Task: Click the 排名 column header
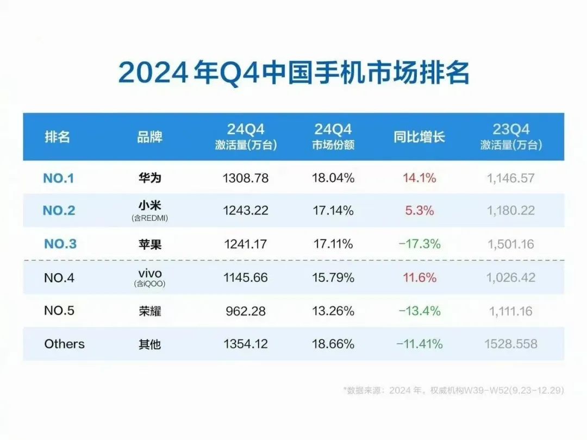pos(57,136)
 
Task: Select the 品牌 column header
pos(149,136)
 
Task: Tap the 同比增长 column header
pos(419,136)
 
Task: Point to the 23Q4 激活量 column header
pos(511,137)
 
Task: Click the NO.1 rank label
pos(58,178)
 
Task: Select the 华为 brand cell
pos(149,178)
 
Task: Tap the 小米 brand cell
pos(149,206)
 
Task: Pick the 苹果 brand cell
pos(149,244)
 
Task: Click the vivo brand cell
pos(149,274)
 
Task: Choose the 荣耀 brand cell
pos(149,311)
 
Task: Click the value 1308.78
pos(245,178)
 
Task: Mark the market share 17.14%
pos(333,211)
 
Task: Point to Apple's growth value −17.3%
pos(419,244)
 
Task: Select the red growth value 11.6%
pos(419,278)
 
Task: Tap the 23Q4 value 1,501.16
pos(511,244)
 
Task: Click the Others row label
pos(64,344)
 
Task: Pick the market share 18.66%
pos(333,344)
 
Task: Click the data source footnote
pos(453,390)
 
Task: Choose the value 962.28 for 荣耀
pos(245,311)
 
